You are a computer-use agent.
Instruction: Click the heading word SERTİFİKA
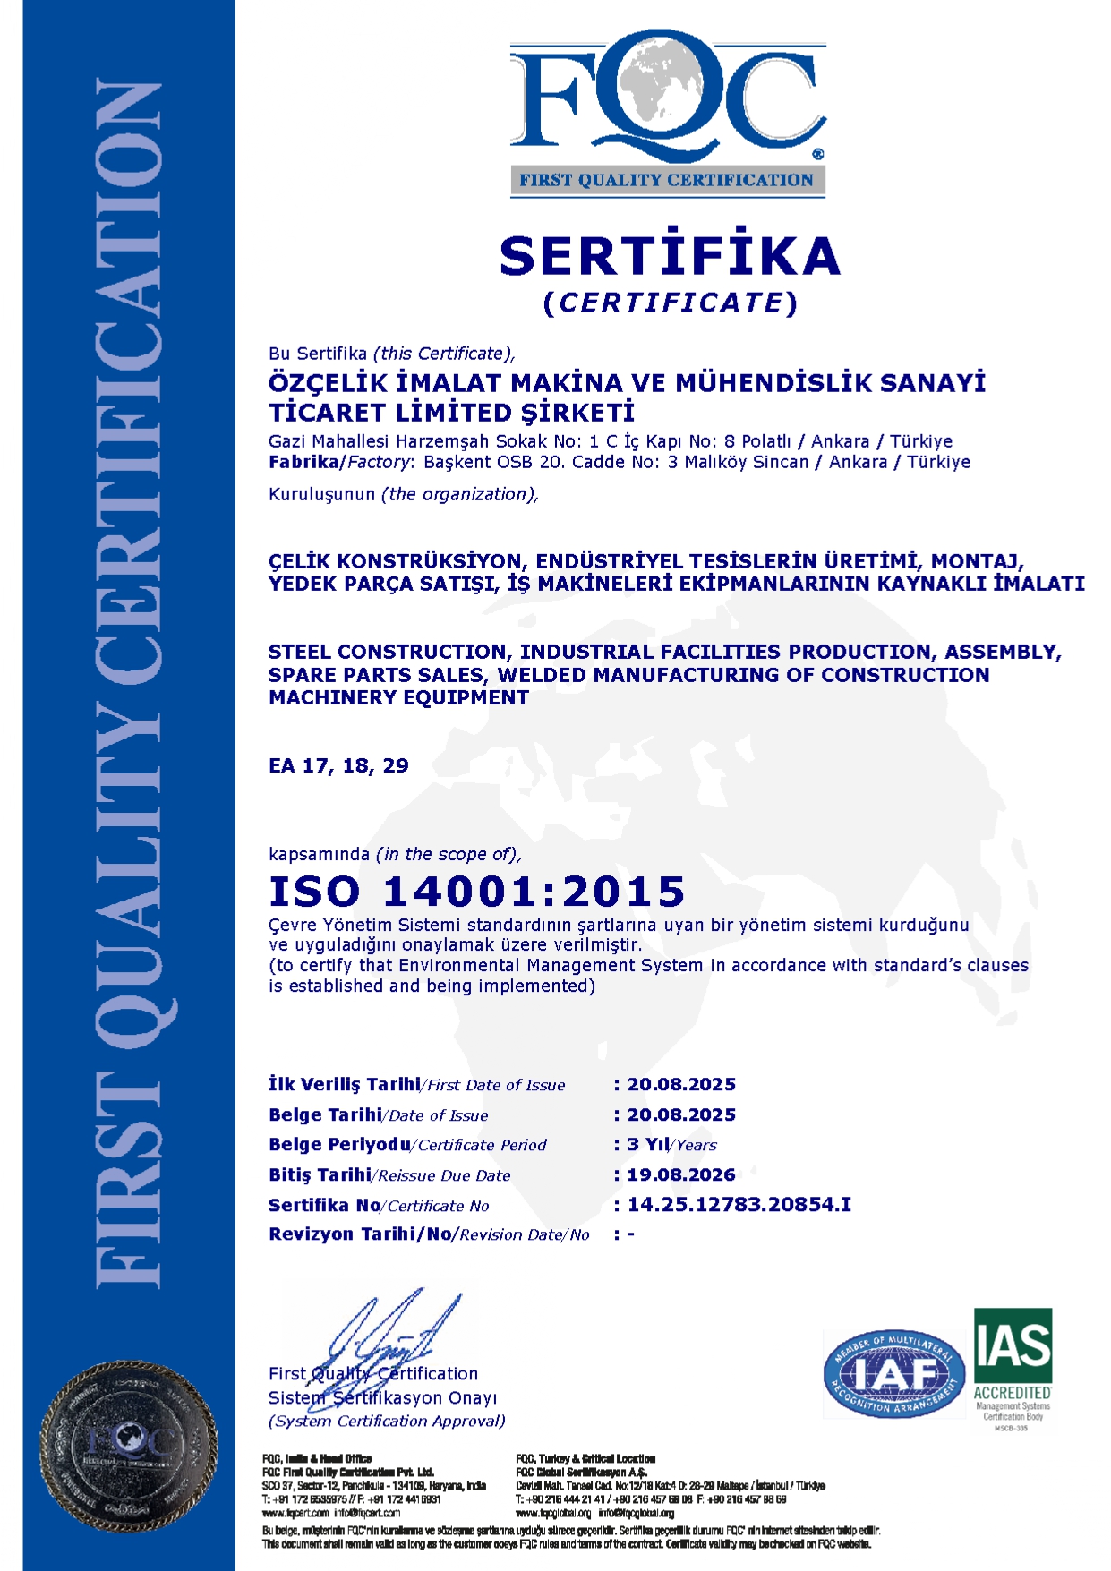tap(670, 256)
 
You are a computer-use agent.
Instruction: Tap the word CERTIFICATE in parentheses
tap(671, 303)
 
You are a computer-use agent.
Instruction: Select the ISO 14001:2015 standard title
tap(477, 892)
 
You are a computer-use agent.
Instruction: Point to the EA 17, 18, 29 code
tap(338, 765)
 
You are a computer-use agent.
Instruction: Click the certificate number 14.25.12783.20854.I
tap(739, 1205)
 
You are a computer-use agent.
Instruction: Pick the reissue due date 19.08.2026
tap(681, 1174)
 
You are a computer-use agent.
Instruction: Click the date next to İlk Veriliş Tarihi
tap(681, 1084)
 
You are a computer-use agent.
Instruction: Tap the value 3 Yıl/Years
tap(671, 1144)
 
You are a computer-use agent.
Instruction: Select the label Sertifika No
tap(324, 1205)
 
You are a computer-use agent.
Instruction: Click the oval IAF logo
tap(893, 1374)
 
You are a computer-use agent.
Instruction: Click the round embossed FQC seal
tap(129, 1445)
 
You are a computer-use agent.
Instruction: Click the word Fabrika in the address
tap(303, 462)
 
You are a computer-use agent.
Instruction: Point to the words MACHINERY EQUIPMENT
tap(398, 697)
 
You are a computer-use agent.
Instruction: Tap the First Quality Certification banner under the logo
tap(667, 180)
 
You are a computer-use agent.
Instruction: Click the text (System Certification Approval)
tap(387, 1421)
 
